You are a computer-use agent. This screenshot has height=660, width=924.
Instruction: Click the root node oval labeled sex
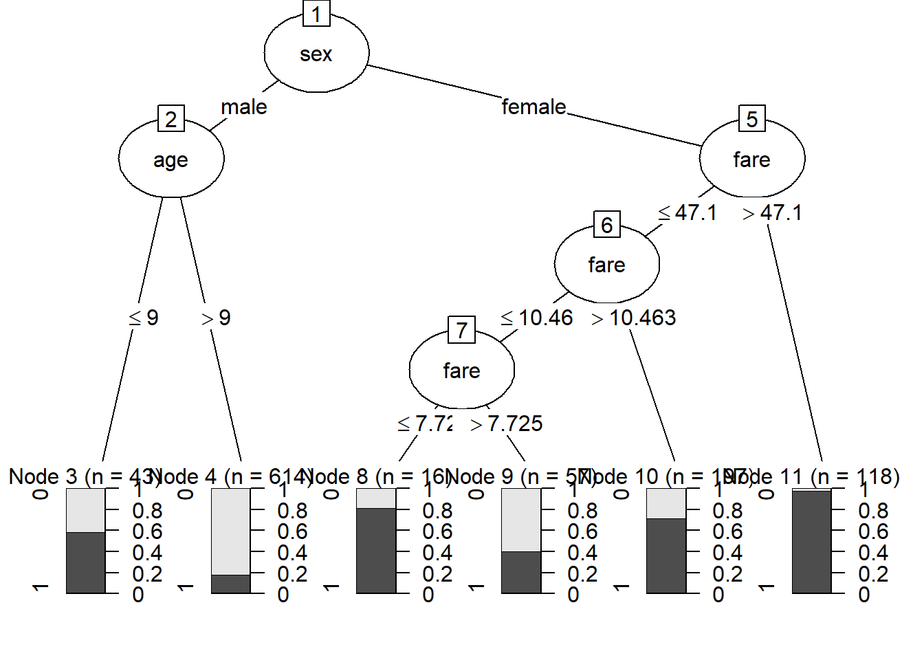pyautogui.click(x=316, y=54)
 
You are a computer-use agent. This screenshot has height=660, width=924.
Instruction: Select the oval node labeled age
pyautogui.click(x=171, y=159)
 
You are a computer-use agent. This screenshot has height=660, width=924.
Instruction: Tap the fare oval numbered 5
pyautogui.click(x=751, y=159)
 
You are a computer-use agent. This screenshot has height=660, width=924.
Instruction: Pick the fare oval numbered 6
pyautogui.click(x=606, y=265)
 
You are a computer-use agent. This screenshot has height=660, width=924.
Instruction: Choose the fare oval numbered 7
pyautogui.click(x=461, y=371)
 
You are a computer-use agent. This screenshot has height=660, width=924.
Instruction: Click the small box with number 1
pyautogui.click(x=316, y=14)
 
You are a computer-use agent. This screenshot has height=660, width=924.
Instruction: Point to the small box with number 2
pyautogui.click(x=171, y=119)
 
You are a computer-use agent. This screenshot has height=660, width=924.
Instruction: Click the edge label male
pyautogui.click(x=244, y=107)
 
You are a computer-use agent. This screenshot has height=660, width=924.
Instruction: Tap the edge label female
pyautogui.click(x=533, y=107)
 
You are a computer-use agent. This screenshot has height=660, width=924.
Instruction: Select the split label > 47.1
pyautogui.click(x=773, y=213)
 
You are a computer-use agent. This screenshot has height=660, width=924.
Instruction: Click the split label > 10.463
pyautogui.click(x=634, y=318)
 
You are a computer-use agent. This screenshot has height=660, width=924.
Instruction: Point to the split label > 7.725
pyautogui.click(x=507, y=424)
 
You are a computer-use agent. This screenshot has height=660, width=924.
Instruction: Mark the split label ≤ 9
pyautogui.click(x=144, y=318)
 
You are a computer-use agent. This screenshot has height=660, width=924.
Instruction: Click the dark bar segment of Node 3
pyautogui.click(x=86, y=562)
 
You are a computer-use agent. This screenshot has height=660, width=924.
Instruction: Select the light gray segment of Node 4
pyautogui.click(x=231, y=531)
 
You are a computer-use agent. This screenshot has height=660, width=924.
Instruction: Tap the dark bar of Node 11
pyautogui.click(x=812, y=542)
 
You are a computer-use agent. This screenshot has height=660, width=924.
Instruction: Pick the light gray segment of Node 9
pyautogui.click(x=521, y=520)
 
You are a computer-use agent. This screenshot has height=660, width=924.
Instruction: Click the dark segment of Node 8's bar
pyautogui.click(x=376, y=550)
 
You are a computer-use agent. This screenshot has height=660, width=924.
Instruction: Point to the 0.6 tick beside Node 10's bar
pyautogui.click(x=727, y=531)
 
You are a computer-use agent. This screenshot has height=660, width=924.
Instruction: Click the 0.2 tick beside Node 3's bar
pyautogui.click(x=146, y=573)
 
